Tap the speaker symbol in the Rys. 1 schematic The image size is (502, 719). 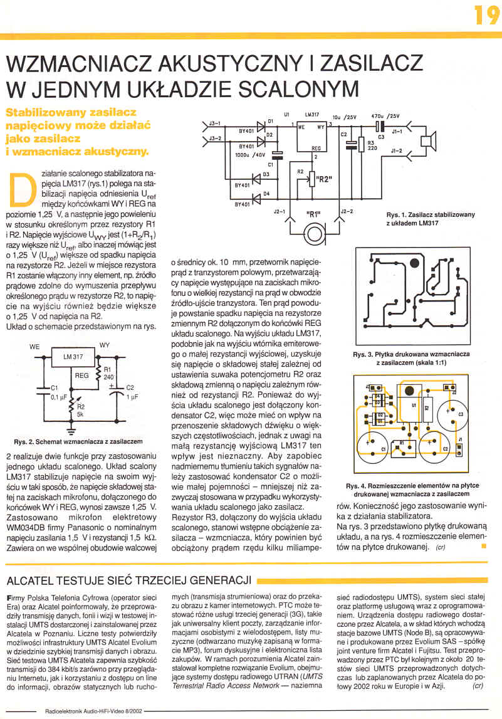pos(429,142)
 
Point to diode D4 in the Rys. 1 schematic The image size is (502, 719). pos(256,198)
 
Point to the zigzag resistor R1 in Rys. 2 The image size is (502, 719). pos(98,374)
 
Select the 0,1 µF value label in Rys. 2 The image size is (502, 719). pos(59,397)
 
